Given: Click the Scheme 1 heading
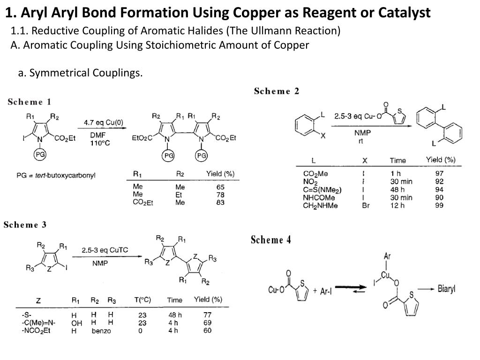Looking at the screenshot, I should click(x=29, y=102).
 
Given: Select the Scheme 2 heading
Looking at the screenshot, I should click(x=277, y=91).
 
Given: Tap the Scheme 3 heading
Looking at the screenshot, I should click(x=25, y=225).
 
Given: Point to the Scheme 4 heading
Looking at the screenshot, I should click(x=270, y=240).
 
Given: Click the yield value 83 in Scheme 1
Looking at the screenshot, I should click(x=220, y=202).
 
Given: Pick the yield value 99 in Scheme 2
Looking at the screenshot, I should click(x=439, y=205).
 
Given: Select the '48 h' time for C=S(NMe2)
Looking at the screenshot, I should click(x=397, y=189).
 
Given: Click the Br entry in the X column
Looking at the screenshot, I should click(x=366, y=205).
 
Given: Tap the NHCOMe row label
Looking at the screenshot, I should click(x=319, y=197).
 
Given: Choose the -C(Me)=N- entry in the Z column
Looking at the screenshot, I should click(x=38, y=323).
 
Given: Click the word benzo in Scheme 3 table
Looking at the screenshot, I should click(x=101, y=331).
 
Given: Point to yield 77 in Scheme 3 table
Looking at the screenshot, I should click(x=207, y=315).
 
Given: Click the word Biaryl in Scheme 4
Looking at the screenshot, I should click(x=446, y=289).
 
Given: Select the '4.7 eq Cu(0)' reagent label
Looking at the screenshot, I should click(x=104, y=122).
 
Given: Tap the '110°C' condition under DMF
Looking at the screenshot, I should click(x=100, y=143).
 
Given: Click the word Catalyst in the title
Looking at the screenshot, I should click(x=405, y=13).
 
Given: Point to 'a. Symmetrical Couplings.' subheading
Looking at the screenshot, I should click(x=80, y=73).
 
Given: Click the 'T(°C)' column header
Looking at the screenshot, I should click(x=142, y=300).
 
